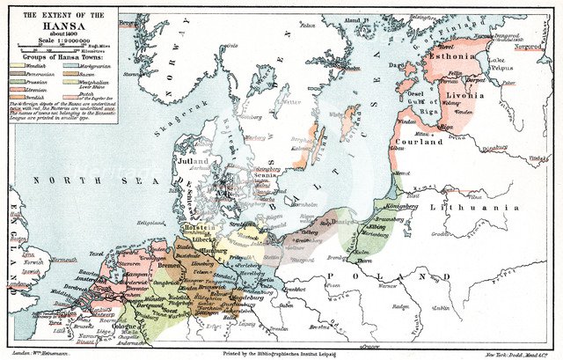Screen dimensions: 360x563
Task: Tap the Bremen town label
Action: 170,265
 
